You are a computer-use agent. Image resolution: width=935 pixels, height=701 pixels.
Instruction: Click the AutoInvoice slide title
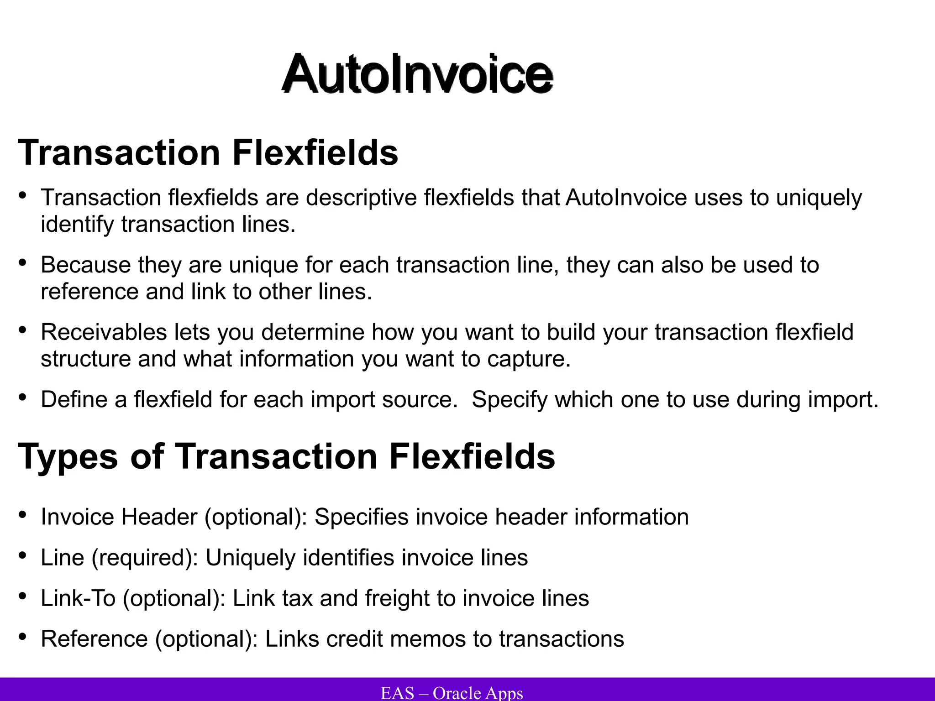(417, 74)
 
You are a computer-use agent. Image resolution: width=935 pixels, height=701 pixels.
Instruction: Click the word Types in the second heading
(68, 456)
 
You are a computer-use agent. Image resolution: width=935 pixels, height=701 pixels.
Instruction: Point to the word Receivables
(104, 332)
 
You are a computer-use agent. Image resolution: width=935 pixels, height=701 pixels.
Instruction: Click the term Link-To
(78, 598)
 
